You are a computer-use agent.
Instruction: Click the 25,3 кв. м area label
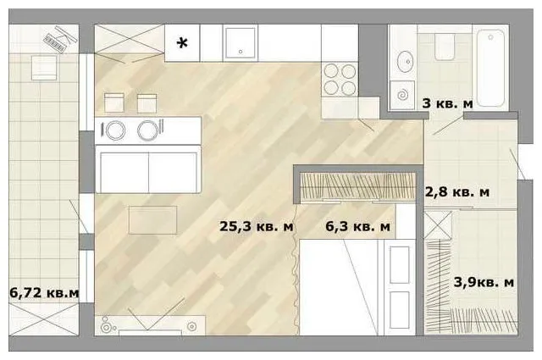[256, 226]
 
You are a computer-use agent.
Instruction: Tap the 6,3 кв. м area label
[357, 226]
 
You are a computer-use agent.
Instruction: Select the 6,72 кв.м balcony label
[44, 293]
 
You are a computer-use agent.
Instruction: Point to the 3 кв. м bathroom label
[447, 103]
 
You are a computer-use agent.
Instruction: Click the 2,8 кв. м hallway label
[457, 191]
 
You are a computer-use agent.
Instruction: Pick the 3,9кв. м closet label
[484, 282]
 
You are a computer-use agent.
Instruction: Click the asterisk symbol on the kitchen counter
[182, 43]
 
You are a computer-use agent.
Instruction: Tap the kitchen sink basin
[241, 43]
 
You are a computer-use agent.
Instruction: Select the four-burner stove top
[340, 79]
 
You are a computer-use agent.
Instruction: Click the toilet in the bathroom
[445, 47]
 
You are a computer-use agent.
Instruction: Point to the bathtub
[491, 68]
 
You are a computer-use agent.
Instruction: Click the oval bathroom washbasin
[405, 62]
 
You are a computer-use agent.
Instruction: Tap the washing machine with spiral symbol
[402, 95]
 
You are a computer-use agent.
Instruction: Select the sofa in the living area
[148, 169]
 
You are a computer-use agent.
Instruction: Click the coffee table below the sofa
[152, 220]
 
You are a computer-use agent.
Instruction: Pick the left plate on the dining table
[115, 130]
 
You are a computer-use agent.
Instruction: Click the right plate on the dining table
[147, 130]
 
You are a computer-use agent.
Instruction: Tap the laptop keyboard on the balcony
[54, 43]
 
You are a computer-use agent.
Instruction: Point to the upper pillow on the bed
[399, 265]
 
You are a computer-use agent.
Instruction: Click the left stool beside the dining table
[114, 102]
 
